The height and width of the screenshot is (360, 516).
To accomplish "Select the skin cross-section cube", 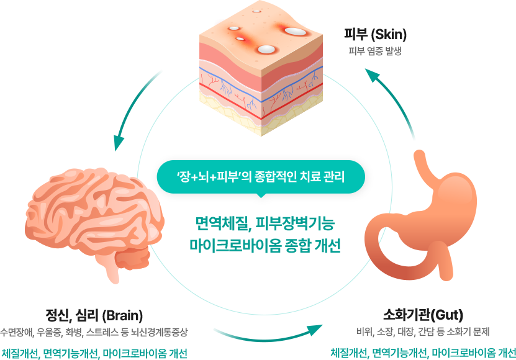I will [x=261, y=68].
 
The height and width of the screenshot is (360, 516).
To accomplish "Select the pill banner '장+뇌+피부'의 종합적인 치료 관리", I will [x=260, y=176].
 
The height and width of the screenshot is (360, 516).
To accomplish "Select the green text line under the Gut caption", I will [x=423, y=353].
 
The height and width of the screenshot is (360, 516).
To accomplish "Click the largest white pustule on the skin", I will [x=294, y=30].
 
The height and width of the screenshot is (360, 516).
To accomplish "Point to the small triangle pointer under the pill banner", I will [x=260, y=197].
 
